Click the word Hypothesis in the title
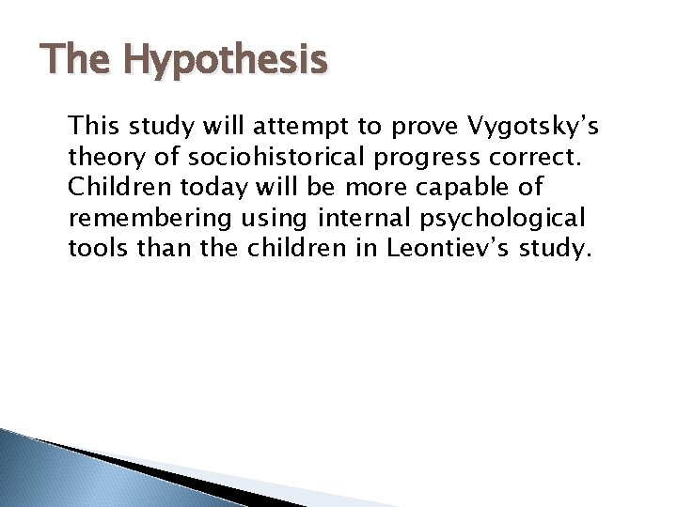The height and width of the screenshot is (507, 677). [226, 61]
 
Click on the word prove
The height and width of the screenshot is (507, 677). [384, 125]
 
